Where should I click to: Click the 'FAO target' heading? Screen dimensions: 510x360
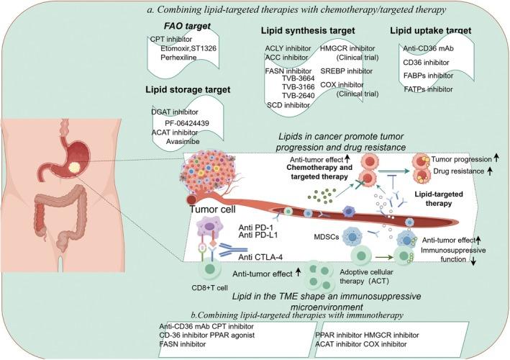point(187,27)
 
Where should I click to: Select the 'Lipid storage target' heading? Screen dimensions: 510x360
point(188,90)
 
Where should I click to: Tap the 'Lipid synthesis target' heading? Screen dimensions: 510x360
point(308,30)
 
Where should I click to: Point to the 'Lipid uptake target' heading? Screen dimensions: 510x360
point(431,30)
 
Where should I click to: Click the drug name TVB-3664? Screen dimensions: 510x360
point(299,78)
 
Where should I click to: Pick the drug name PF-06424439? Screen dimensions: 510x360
point(187,123)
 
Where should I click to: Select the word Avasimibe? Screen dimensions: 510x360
point(183,142)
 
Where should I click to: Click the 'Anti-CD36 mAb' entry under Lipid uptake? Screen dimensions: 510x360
point(429,48)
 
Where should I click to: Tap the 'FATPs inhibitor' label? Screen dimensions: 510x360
point(429,89)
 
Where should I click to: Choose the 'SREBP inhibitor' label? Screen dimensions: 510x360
point(347,71)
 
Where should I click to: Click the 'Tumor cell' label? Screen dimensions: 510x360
point(213,209)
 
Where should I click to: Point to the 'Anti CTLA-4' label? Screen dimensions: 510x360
point(260,258)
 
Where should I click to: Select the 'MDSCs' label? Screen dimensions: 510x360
point(327,237)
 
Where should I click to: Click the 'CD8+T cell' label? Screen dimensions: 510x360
point(209,288)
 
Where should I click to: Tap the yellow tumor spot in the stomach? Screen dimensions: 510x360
point(74,168)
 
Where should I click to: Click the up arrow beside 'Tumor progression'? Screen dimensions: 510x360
point(496,158)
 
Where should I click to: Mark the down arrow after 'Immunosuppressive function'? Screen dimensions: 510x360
point(473,261)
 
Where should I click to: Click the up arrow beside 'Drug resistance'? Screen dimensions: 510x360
point(490,171)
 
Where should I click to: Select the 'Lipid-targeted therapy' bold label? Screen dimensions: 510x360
point(439,199)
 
